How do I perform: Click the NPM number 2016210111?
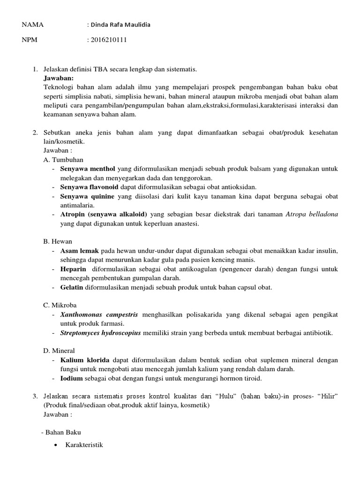(x=109, y=40)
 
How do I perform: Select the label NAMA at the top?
(x=32, y=25)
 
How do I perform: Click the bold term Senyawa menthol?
(x=88, y=168)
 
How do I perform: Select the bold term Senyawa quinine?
(x=87, y=196)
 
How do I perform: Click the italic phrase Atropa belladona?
(x=312, y=214)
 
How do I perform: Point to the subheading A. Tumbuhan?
(x=63, y=159)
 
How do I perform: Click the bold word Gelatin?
(x=73, y=287)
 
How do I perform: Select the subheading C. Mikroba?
(x=60, y=305)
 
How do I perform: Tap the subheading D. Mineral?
(x=59, y=351)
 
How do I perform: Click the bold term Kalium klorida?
(x=85, y=360)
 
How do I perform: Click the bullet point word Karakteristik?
(x=84, y=444)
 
